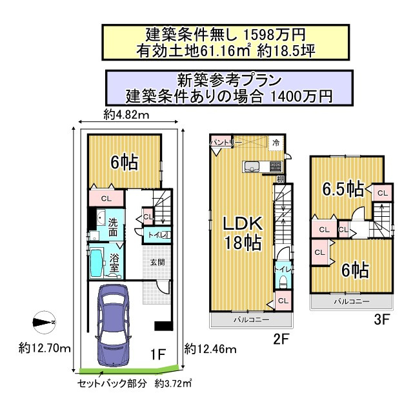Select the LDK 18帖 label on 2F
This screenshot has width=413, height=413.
(x=242, y=233)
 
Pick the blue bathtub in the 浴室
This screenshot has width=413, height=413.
(x=97, y=262)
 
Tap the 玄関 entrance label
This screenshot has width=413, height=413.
(x=157, y=262)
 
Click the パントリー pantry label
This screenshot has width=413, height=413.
(x=226, y=141)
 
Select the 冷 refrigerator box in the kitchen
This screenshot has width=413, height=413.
(x=276, y=143)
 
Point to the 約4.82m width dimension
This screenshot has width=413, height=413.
(x=126, y=116)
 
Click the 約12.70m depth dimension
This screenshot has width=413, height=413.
(x=45, y=348)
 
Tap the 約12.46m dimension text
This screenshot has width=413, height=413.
(x=209, y=349)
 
